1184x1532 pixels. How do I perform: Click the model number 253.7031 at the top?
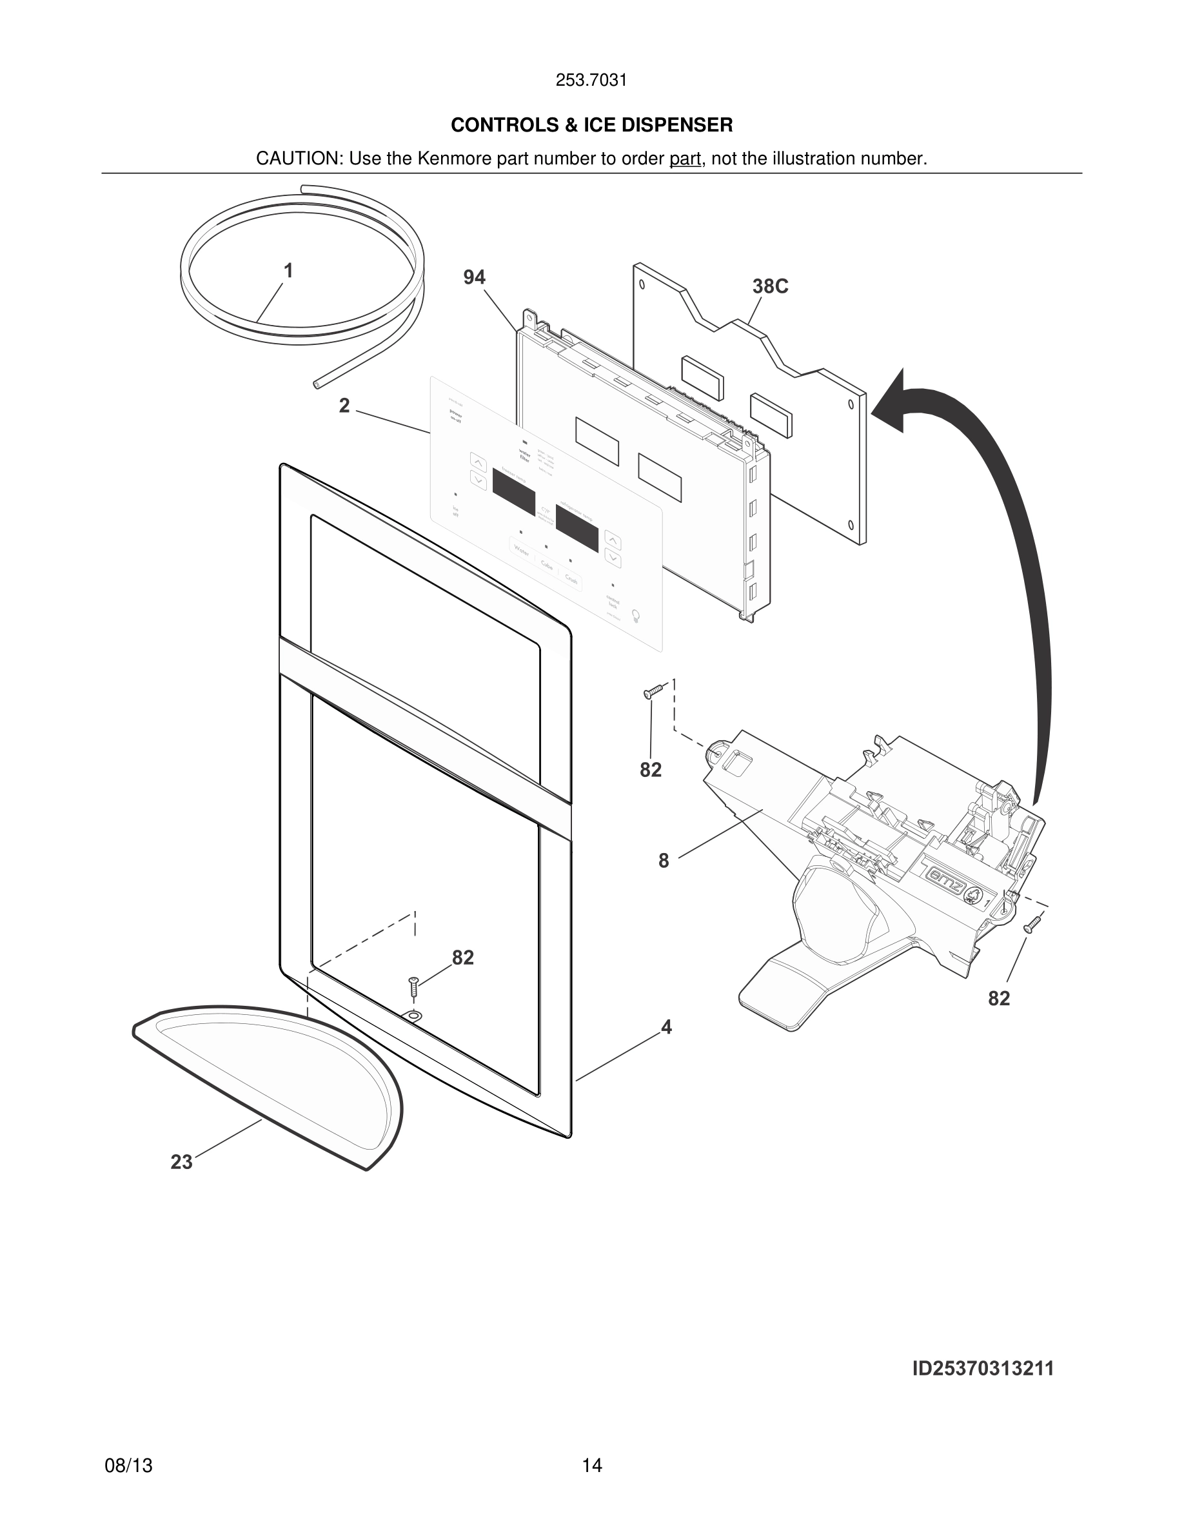(591, 81)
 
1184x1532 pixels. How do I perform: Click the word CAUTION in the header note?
(297, 159)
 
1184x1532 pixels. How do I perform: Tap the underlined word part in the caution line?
(686, 159)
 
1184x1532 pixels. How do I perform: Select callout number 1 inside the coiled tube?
(288, 271)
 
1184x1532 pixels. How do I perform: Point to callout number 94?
(474, 278)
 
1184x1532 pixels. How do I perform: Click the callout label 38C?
(770, 286)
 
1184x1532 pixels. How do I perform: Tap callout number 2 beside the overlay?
(344, 406)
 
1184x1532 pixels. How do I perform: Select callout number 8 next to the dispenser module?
(664, 861)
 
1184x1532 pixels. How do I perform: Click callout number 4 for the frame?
(666, 1028)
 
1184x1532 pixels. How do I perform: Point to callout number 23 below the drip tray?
(181, 1163)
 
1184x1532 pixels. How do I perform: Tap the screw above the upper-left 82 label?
(653, 692)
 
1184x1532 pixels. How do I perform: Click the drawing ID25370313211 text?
(983, 1369)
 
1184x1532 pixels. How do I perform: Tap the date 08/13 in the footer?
(128, 1466)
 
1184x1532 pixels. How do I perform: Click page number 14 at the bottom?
(591, 1466)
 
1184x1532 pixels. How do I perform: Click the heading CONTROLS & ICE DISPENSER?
(591, 125)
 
